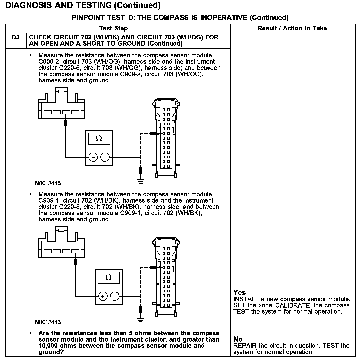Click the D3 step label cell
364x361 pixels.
point(15,38)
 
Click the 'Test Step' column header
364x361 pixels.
point(113,28)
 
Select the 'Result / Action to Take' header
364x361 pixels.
point(292,28)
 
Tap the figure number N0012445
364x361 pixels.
point(48,183)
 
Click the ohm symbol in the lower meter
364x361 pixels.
point(109,278)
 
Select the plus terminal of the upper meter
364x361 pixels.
point(93,157)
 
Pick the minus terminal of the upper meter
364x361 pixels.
point(105,157)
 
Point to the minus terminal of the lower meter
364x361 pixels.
point(115,296)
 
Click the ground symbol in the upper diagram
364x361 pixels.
point(141,182)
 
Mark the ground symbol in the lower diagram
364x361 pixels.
point(141,320)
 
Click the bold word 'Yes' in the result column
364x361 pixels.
point(239,293)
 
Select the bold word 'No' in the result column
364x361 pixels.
point(238,339)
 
